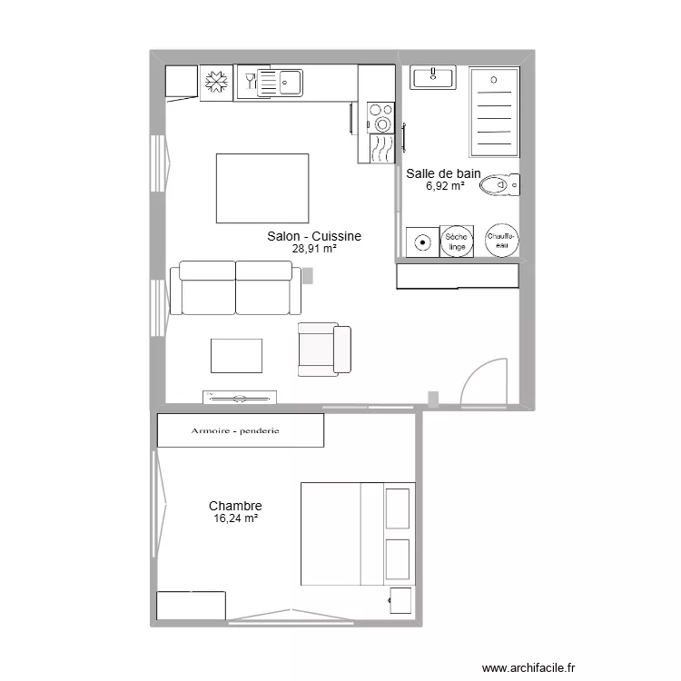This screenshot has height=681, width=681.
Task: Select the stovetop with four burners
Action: [x=380, y=117]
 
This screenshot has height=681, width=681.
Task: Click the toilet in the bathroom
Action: [x=500, y=185]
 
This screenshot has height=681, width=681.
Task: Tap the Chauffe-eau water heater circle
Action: [x=502, y=241]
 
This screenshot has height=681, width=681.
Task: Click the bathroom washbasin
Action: [x=433, y=78]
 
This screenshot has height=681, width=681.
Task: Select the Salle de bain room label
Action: [x=443, y=173]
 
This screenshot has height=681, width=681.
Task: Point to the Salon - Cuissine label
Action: [x=314, y=236]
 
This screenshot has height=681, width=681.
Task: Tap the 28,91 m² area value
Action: [x=314, y=248]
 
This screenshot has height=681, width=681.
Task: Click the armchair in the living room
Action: [x=324, y=350]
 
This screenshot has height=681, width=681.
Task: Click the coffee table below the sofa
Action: [x=236, y=355]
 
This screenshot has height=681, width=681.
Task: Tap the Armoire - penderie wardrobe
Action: [x=241, y=430]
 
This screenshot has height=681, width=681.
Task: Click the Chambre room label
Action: [x=235, y=506]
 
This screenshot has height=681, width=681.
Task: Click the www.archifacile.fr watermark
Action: [x=528, y=667]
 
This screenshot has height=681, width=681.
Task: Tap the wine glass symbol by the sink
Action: [x=249, y=83]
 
